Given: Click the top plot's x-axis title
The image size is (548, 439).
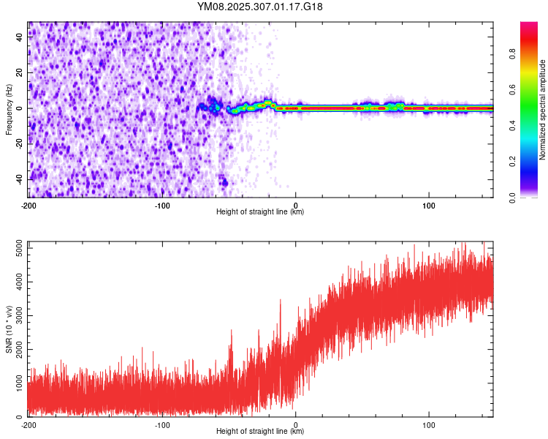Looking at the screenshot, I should pyautogui.click(x=260, y=212).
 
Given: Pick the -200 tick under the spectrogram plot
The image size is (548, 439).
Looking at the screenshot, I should pyautogui.click(x=29, y=205).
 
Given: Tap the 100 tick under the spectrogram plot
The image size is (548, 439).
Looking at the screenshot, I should pyautogui.click(x=429, y=205).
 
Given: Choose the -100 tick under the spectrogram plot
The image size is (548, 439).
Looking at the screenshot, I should pyautogui.click(x=162, y=205).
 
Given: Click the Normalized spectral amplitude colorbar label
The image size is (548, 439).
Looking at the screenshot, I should pyautogui.click(x=543, y=110).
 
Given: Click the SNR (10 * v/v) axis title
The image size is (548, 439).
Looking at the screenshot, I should pyautogui.click(x=9, y=329).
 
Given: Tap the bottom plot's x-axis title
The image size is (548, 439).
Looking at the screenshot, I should pyautogui.click(x=260, y=432).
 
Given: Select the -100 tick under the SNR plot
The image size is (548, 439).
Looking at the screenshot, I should pyautogui.click(x=162, y=424).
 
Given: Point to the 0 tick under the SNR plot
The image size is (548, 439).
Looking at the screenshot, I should pyautogui.click(x=296, y=424).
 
